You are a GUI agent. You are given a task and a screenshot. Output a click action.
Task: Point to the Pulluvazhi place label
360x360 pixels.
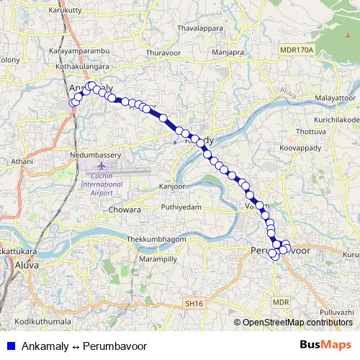click(336, 311)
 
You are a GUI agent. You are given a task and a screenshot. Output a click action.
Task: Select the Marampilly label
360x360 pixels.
click(158, 258)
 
